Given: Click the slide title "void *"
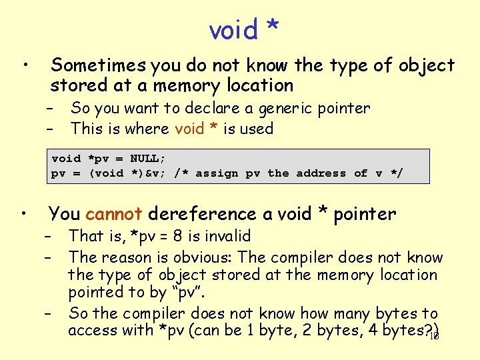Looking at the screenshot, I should [x=243, y=29].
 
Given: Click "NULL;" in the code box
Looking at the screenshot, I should [x=148, y=159].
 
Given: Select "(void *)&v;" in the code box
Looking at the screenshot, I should [x=127, y=173].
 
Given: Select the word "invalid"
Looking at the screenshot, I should [x=229, y=236].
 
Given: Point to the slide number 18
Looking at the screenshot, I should [x=434, y=336].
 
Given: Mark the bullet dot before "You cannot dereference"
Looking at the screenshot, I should [x=23, y=214].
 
